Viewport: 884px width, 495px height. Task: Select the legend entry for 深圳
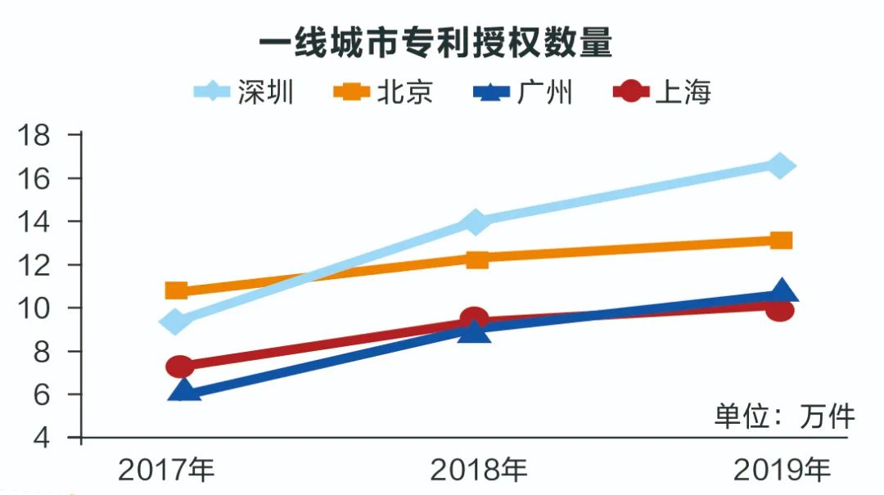(246, 92)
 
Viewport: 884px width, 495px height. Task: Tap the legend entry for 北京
(385, 92)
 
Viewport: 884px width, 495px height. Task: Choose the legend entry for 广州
(525, 92)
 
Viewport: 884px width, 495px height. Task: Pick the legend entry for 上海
(664, 92)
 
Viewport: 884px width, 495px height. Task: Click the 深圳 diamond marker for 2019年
(780, 165)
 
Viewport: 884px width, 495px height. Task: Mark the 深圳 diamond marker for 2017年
(176, 322)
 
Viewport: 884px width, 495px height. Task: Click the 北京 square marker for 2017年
(176, 290)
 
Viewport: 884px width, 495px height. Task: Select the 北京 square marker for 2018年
(477, 259)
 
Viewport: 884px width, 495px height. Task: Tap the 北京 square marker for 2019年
(781, 240)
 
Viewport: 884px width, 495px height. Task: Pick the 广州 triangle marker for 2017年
(185, 390)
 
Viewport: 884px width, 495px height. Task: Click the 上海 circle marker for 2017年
(180, 366)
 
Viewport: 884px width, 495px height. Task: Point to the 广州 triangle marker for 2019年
(782, 291)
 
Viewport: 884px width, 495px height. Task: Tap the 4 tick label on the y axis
(43, 439)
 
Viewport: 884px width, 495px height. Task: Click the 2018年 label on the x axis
(479, 470)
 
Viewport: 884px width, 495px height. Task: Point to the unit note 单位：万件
(784, 416)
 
